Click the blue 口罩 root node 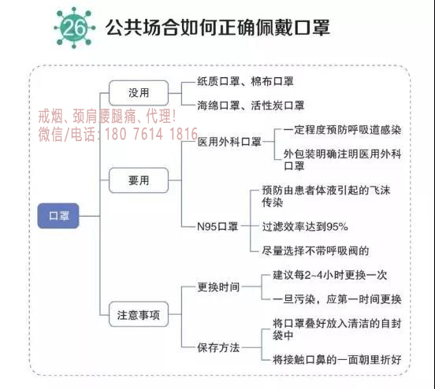click(58, 216)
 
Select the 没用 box click(139, 93)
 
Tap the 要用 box click(139, 180)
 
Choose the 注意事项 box click(139, 314)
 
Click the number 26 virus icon click(74, 28)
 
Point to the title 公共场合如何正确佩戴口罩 click(217, 28)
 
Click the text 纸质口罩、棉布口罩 click(245, 82)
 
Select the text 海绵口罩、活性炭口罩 click(251, 106)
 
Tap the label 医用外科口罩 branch click(229, 142)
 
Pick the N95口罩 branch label click(217, 227)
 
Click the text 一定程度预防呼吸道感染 click(342, 130)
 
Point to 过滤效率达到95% click(305, 227)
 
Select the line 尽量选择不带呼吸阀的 click(315, 250)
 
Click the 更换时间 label click(218, 287)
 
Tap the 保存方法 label click(218, 347)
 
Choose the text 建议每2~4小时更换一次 click(330, 275)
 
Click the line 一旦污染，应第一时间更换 click(337, 299)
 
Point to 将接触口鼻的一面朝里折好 click(337, 360)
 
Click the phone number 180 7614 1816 click(151, 134)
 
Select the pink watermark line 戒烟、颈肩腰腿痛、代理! click(107, 117)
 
